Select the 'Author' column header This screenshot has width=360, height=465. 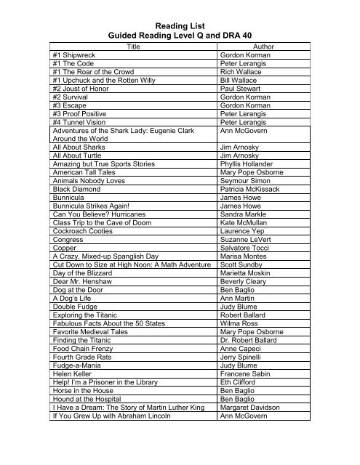click(247, 45)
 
